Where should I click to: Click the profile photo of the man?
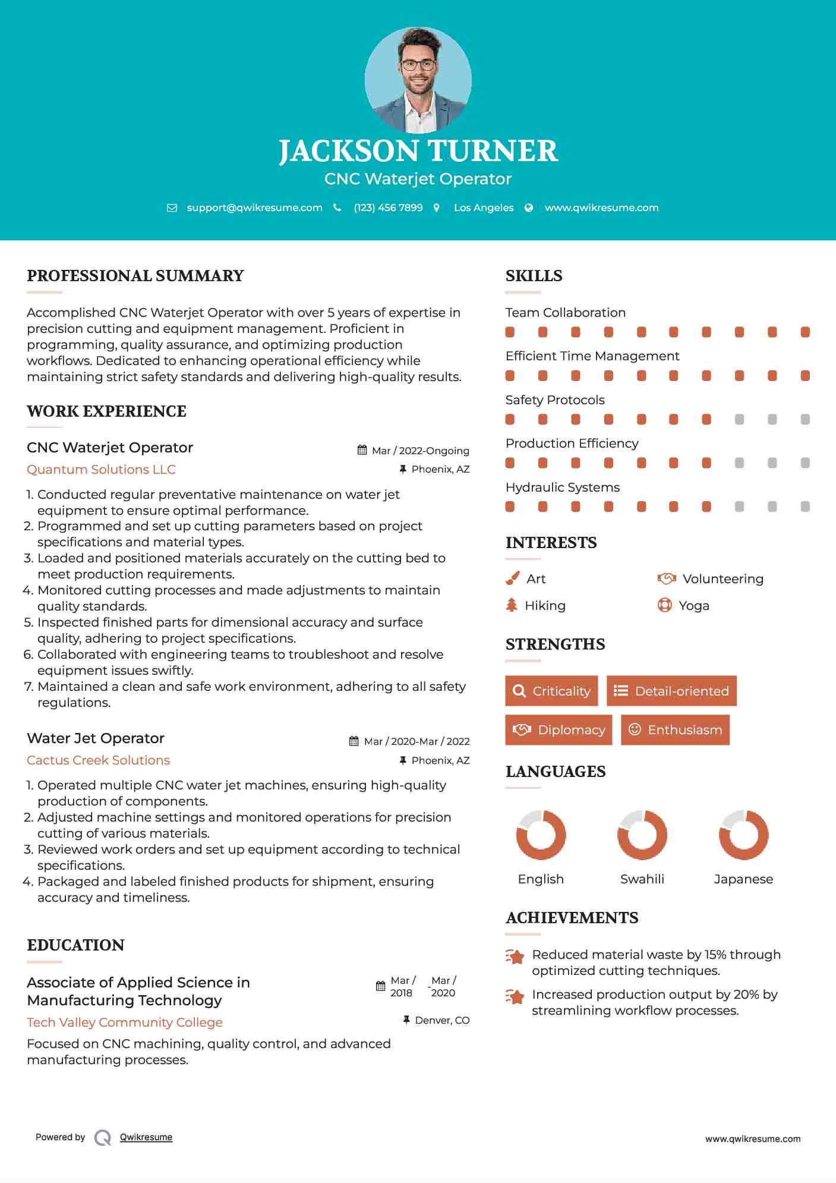coord(418,80)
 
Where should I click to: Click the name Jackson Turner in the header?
coord(418,151)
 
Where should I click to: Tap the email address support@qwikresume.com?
coord(254,207)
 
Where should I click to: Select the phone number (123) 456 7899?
coord(388,207)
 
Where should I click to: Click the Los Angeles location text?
coord(483,207)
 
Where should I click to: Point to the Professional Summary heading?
coord(135,276)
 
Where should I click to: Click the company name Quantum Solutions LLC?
coord(101,470)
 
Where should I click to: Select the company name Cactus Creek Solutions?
coord(98,760)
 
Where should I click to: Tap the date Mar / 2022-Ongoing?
coord(420,451)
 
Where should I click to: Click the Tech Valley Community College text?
coord(125,1022)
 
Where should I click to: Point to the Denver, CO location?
coord(442,1020)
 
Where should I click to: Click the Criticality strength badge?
coord(551,691)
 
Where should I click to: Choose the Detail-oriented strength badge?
coord(671,691)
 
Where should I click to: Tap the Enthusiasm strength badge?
coord(675,729)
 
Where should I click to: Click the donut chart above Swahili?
coord(642,835)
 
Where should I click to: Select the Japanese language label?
coord(743,879)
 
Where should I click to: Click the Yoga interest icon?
coord(664,605)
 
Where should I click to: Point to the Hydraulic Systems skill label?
coord(562,487)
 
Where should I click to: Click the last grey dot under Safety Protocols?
coord(805,420)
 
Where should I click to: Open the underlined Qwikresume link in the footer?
coord(146,1137)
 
